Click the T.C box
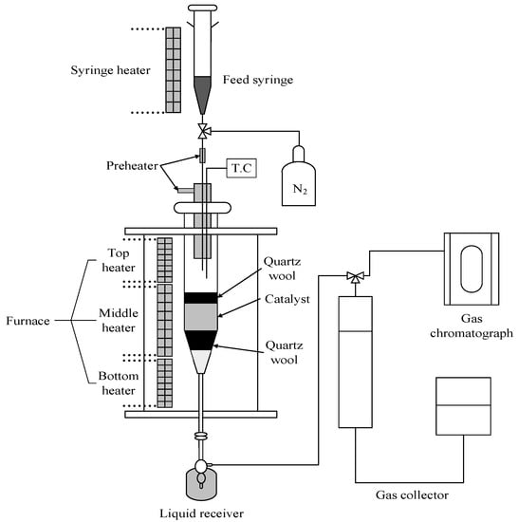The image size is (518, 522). pyautogui.click(x=242, y=168)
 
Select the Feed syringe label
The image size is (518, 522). pyautogui.click(x=258, y=80)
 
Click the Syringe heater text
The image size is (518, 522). pyautogui.click(x=110, y=70)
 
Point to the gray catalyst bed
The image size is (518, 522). pyautogui.click(x=201, y=317)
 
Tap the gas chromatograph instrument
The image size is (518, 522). pyautogui.click(x=472, y=269)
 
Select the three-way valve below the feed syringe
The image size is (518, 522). pyautogui.click(x=203, y=131)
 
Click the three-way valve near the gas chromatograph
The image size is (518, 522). pyautogui.click(x=356, y=277)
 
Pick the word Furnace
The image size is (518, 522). pyautogui.click(x=28, y=321)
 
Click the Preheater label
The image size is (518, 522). pyautogui.click(x=132, y=166)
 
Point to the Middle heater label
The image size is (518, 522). pyautogui.click(x=119, y=321)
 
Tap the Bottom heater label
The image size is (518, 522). pyautogui.click(x=119, y=383)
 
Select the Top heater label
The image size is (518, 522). pyautogui.click(x=119, y=260)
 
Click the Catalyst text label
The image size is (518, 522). pyautogui.click(x=287, y=299)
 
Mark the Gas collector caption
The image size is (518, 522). pyautogui.click(x=412, y=495)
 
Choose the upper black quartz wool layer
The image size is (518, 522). pyautogui.click(x=201, y=298)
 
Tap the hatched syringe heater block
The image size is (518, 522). pyautogui.click(x=174, y=70)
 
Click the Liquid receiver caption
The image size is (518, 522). pyautogui.click(x=202, y=513)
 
